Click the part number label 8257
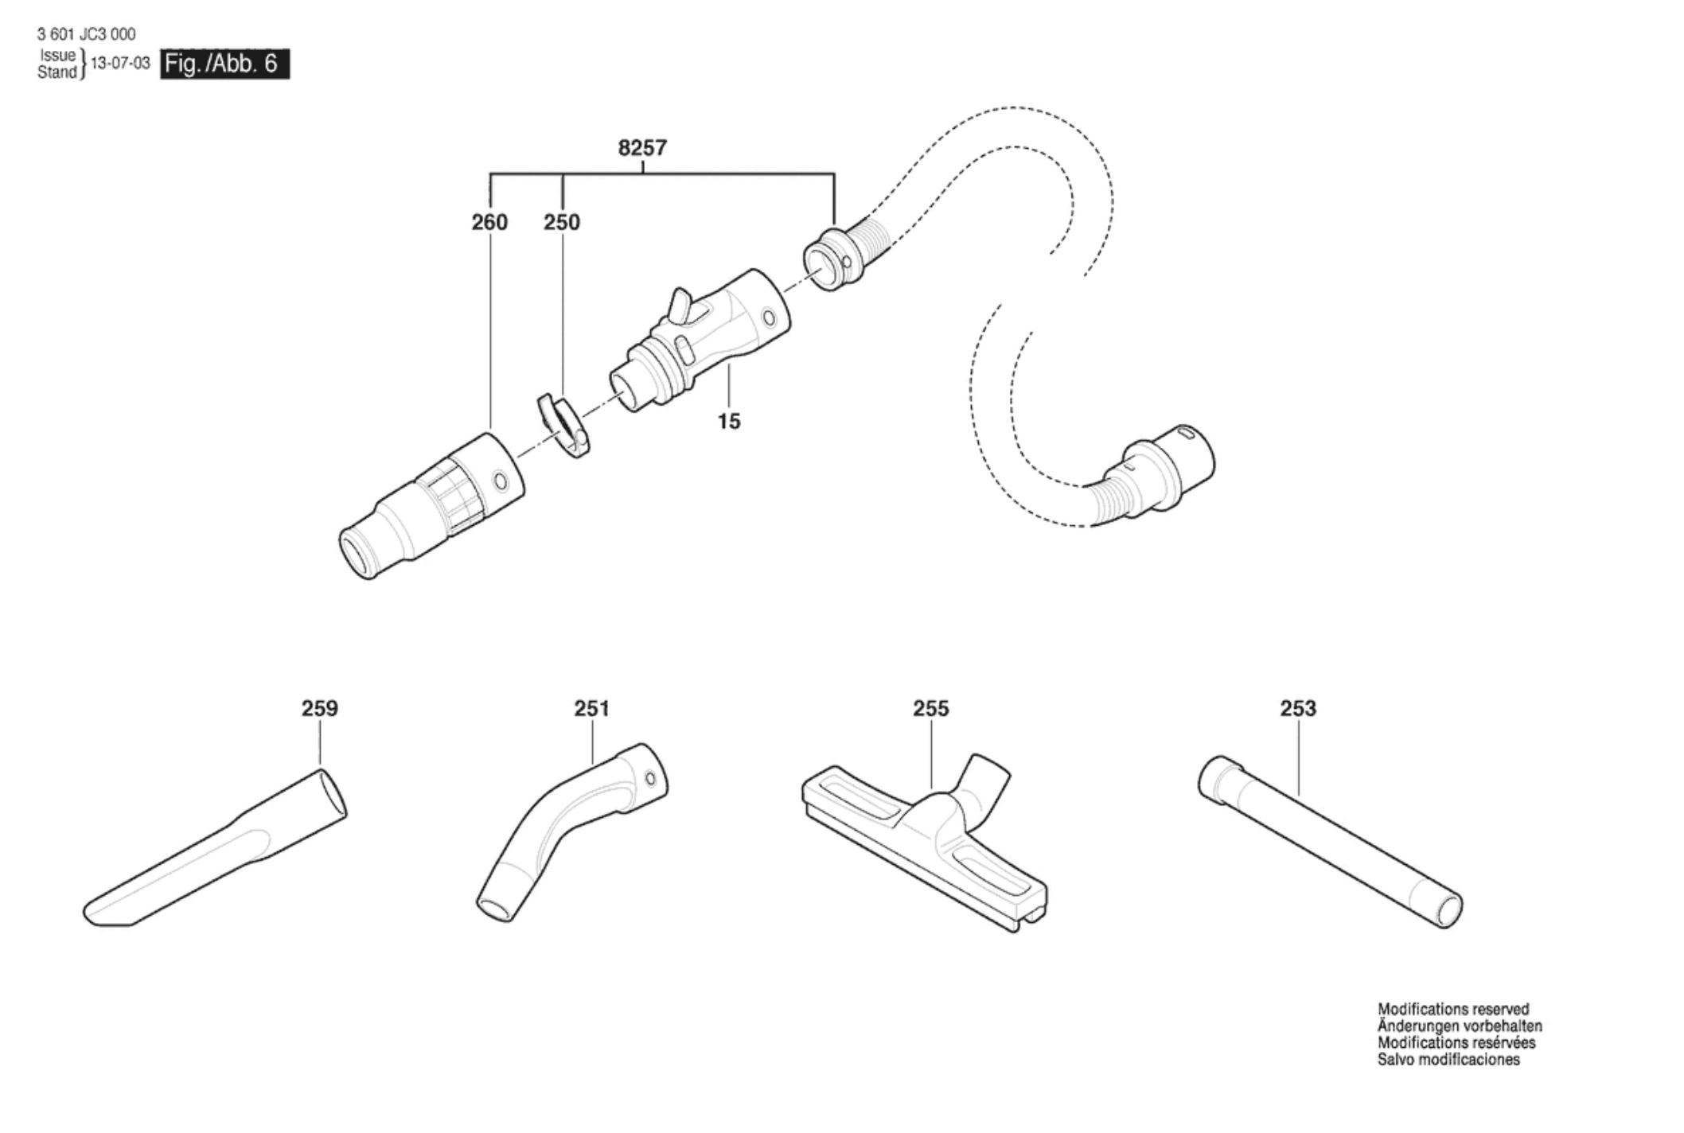[642, 148]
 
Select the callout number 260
[489, 222]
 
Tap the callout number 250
[562, 222]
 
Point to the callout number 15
[729, 422]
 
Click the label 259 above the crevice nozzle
[319, 708]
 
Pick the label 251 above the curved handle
[591, 708]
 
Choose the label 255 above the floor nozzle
[931, 708]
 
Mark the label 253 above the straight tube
[1298, 708]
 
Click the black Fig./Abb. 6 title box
[224, 64]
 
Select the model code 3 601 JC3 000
[86, 34]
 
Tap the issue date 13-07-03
[120, 64]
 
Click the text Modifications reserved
[1453, 1010]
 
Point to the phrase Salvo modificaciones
[1448, 1060]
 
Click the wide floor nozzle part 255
[923, 843]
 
